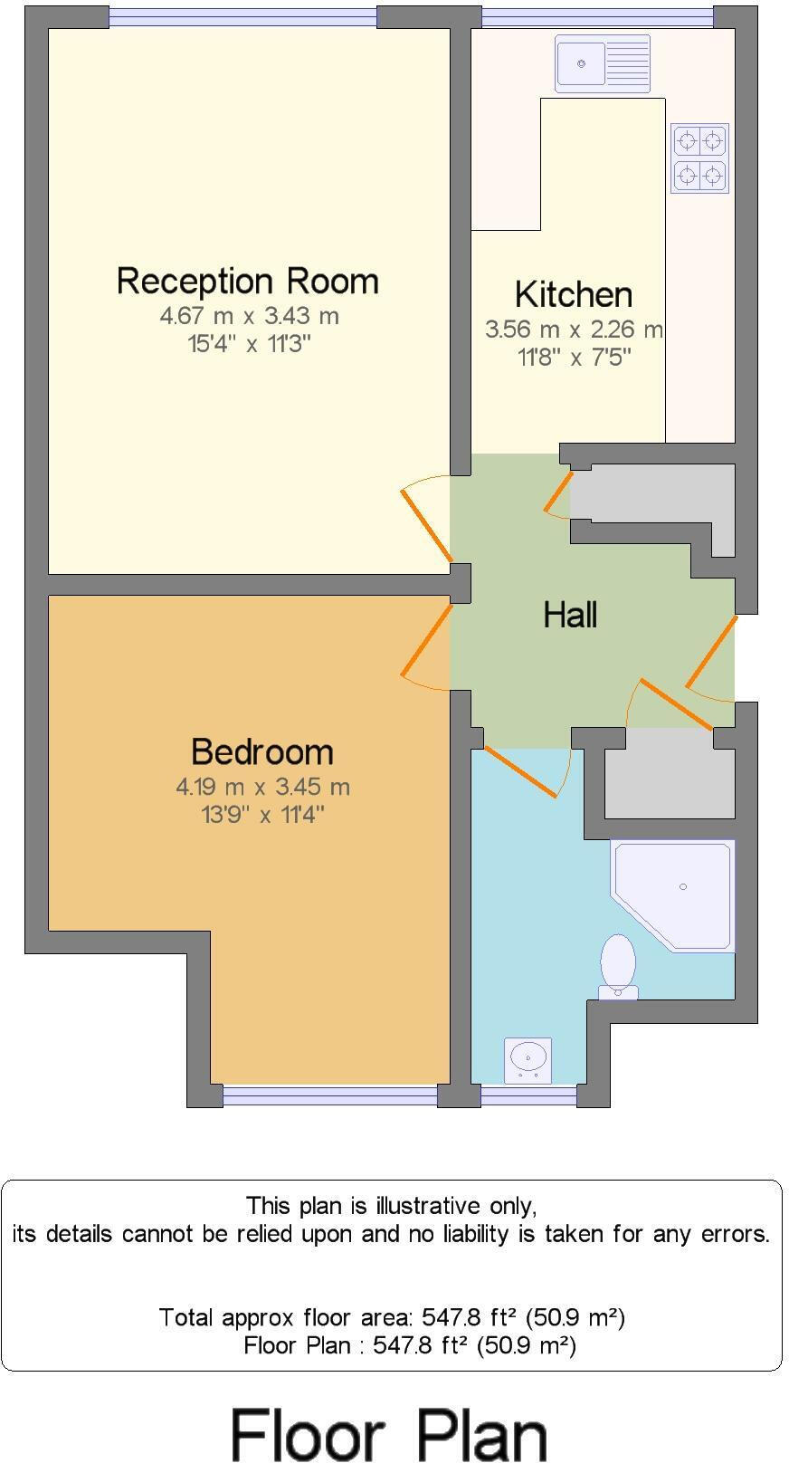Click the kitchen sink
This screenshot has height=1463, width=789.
click(x=602, y=63)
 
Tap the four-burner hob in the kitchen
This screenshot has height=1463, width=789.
click(x=699, y=158)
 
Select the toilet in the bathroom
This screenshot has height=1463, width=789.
click(x=618, y=967)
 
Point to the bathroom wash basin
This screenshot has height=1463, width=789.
click(x=528, y=1059)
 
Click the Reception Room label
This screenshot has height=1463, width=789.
click(x=247, y=281)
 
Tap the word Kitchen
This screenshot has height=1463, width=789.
click(x=573, y=294)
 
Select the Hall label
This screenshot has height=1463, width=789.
click(x=570, y=615)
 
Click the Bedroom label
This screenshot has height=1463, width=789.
click(x=262, y=751)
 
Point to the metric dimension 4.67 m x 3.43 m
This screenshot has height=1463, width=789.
click(x=249, y=316)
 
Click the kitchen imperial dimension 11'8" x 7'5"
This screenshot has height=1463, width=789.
click(x=574, y=357)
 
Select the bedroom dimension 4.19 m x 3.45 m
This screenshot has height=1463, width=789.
click(x=262, y=787)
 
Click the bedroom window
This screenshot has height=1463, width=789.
click(x=329, y=1096)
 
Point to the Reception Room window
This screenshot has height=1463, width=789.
click(x=242, y=17)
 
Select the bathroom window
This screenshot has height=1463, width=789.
click(x=528, y=1096)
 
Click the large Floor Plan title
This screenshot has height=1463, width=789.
click(x=389, y=1432)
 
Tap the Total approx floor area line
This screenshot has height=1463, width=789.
click(x=392, y=1316)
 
